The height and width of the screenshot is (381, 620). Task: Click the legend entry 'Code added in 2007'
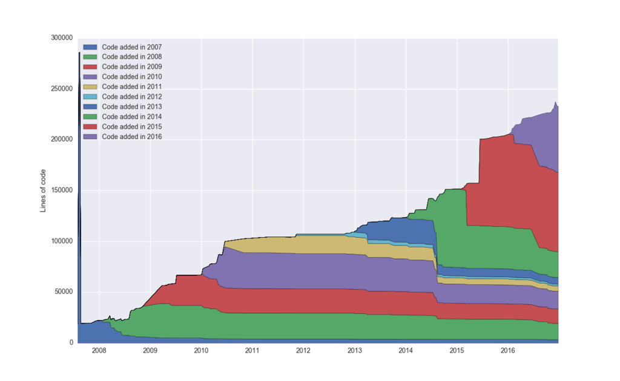click(131, 47)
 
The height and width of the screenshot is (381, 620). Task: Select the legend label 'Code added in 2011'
click(131, 86)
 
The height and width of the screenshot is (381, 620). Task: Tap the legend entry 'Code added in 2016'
click(131, 137)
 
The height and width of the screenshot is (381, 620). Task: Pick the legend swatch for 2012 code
click(90, 97)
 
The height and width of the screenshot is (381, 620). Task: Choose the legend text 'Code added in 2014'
click(131, 117)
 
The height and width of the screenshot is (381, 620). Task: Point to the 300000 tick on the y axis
click(60, 38)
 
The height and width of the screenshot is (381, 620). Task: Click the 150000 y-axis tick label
click(60, 190)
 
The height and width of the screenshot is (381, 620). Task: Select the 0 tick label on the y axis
click(71, 343)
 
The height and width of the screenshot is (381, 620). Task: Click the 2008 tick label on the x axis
click(99, 351)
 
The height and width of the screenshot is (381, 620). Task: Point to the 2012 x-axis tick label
click(303, 351)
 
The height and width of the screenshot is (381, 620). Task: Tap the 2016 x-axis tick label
click(508, 351)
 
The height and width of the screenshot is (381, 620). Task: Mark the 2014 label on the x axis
click(406, 351)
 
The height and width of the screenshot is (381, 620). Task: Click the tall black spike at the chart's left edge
click(79, 121)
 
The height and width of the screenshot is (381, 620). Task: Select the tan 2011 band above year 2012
click(303, 244)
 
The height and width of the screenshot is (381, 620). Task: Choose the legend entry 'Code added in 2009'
click(131, 67)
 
